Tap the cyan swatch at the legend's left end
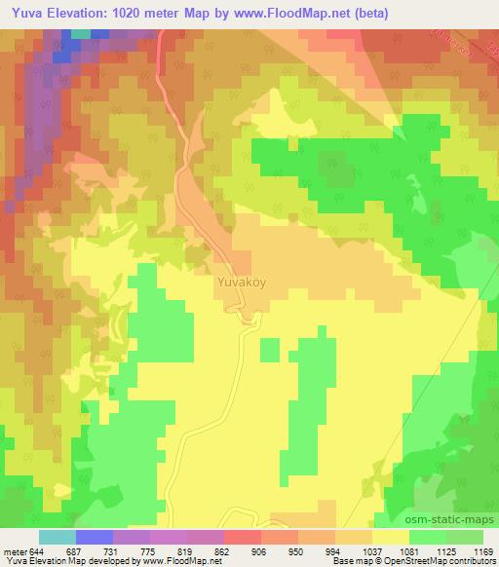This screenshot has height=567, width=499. coord(57,537)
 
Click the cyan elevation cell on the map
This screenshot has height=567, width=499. coord(80,33)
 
